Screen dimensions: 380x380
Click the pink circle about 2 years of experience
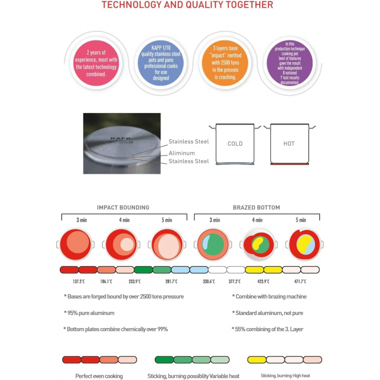(x=96, y=63)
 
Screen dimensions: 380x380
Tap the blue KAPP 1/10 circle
(x=161, y=63)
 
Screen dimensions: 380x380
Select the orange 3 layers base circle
(x=225, y=63)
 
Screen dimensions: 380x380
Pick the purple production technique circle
(x=290, y=63)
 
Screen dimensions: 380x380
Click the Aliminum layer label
(x=181, y=153)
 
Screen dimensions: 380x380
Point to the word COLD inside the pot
(x=235, y=144)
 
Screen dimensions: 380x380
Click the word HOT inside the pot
(x=289, y=144)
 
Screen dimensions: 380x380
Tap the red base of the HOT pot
(x=290, y=164)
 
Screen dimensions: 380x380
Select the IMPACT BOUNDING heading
(x=123, y=208)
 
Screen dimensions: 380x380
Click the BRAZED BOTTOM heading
(x=256, y=208)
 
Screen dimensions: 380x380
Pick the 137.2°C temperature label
(x=79, y=281)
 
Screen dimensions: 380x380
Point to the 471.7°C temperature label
(x=300, y=281)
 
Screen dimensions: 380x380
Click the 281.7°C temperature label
(x=171, y=281)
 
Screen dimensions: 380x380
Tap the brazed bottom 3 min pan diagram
(x=213, y=244)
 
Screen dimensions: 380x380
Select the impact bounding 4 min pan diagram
(x=121, y=244)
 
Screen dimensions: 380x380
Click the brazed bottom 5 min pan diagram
(x=304, y=244)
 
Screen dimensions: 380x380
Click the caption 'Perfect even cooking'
(x=99, y=376)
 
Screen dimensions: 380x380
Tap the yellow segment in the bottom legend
(x=256, y=360)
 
